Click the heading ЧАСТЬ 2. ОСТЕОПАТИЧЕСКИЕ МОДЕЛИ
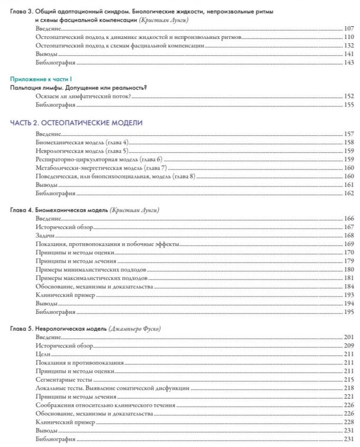[x=76, y=123]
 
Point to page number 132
[x=348, y=46]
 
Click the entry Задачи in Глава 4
[x=45, y=235]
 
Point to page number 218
[x=348, y=388]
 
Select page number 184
[x=348, y=286]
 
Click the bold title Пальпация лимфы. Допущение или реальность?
[x=79, y=87]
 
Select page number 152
[x=348, y=96]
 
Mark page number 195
[x=348, y=312]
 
